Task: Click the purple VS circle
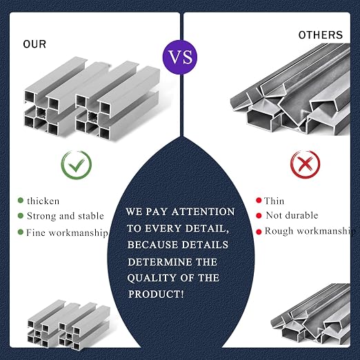point(180,57)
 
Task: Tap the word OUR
point(34,44)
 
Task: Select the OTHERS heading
point(321,35)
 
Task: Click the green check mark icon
point(77,165)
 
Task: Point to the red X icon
point(305,164)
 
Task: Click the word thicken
point(43,201)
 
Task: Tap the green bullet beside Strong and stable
point(21,216)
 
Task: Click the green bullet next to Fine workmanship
point(21,232)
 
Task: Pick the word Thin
point(274,201)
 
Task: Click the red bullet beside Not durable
point(259,216)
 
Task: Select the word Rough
point(279,231)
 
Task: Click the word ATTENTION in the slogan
point(203,212)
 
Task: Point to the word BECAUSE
point(153,245)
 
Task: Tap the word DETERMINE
point(160,262)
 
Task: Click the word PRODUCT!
point(156,294)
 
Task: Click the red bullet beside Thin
point(259,200)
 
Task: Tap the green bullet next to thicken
point(21,200)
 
